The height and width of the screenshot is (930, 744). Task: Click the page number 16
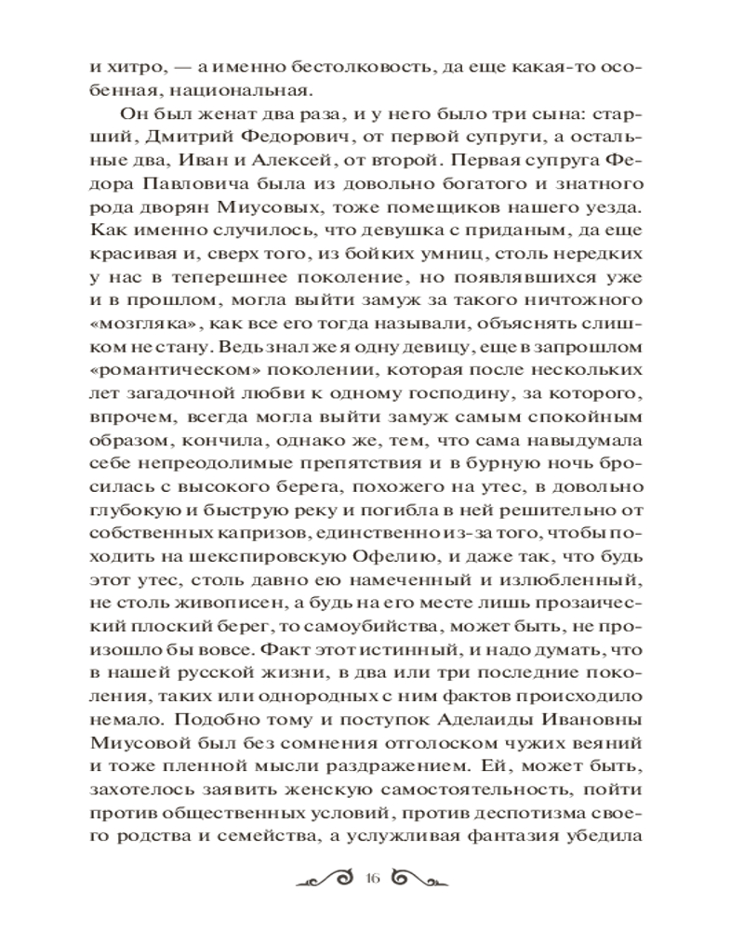point(374,878)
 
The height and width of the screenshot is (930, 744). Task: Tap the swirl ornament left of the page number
point(326,878)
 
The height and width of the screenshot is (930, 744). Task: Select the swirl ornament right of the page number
point(421,878)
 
